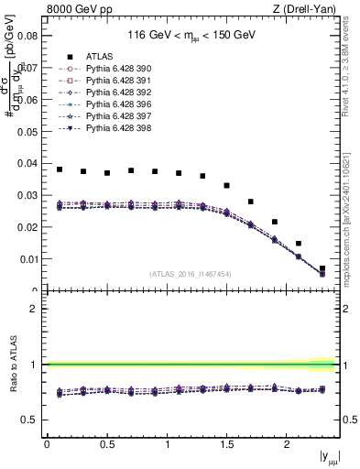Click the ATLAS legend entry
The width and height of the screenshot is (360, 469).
(x=97, y=57)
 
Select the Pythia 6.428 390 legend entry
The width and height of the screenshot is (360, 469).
(x=106, y=69)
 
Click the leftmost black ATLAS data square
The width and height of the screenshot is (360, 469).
(x=60, y=169)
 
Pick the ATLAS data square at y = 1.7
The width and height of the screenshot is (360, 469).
(x=251, y=202)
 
